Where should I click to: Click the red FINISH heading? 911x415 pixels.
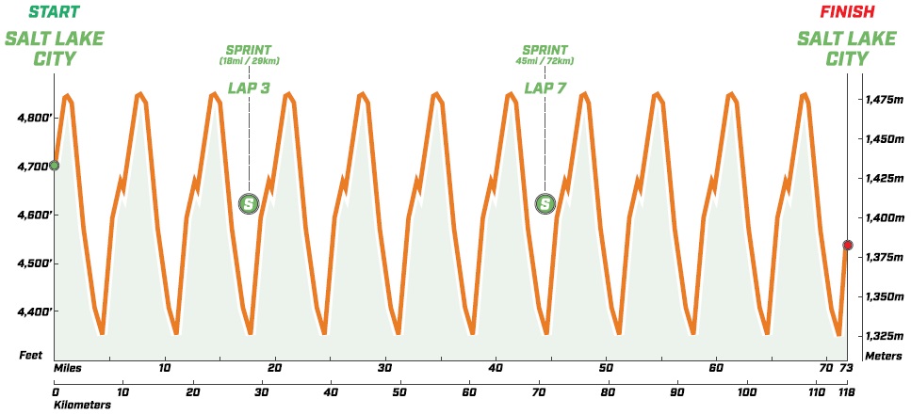[847, 12]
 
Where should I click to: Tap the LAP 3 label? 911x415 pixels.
[249, 88]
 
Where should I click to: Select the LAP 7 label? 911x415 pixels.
[545, 88]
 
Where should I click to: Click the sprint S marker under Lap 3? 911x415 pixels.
[249, 203]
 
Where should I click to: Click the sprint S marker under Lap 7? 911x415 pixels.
[545, 203]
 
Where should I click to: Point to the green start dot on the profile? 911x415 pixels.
[54, 166]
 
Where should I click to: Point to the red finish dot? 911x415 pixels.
[847, 246]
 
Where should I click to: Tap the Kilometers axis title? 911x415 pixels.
[82, 406]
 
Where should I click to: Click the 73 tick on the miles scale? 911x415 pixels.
[847, 368]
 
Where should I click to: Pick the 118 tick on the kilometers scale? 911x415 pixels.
[847, 390]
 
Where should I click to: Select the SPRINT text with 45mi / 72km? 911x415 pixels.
[545, 50]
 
